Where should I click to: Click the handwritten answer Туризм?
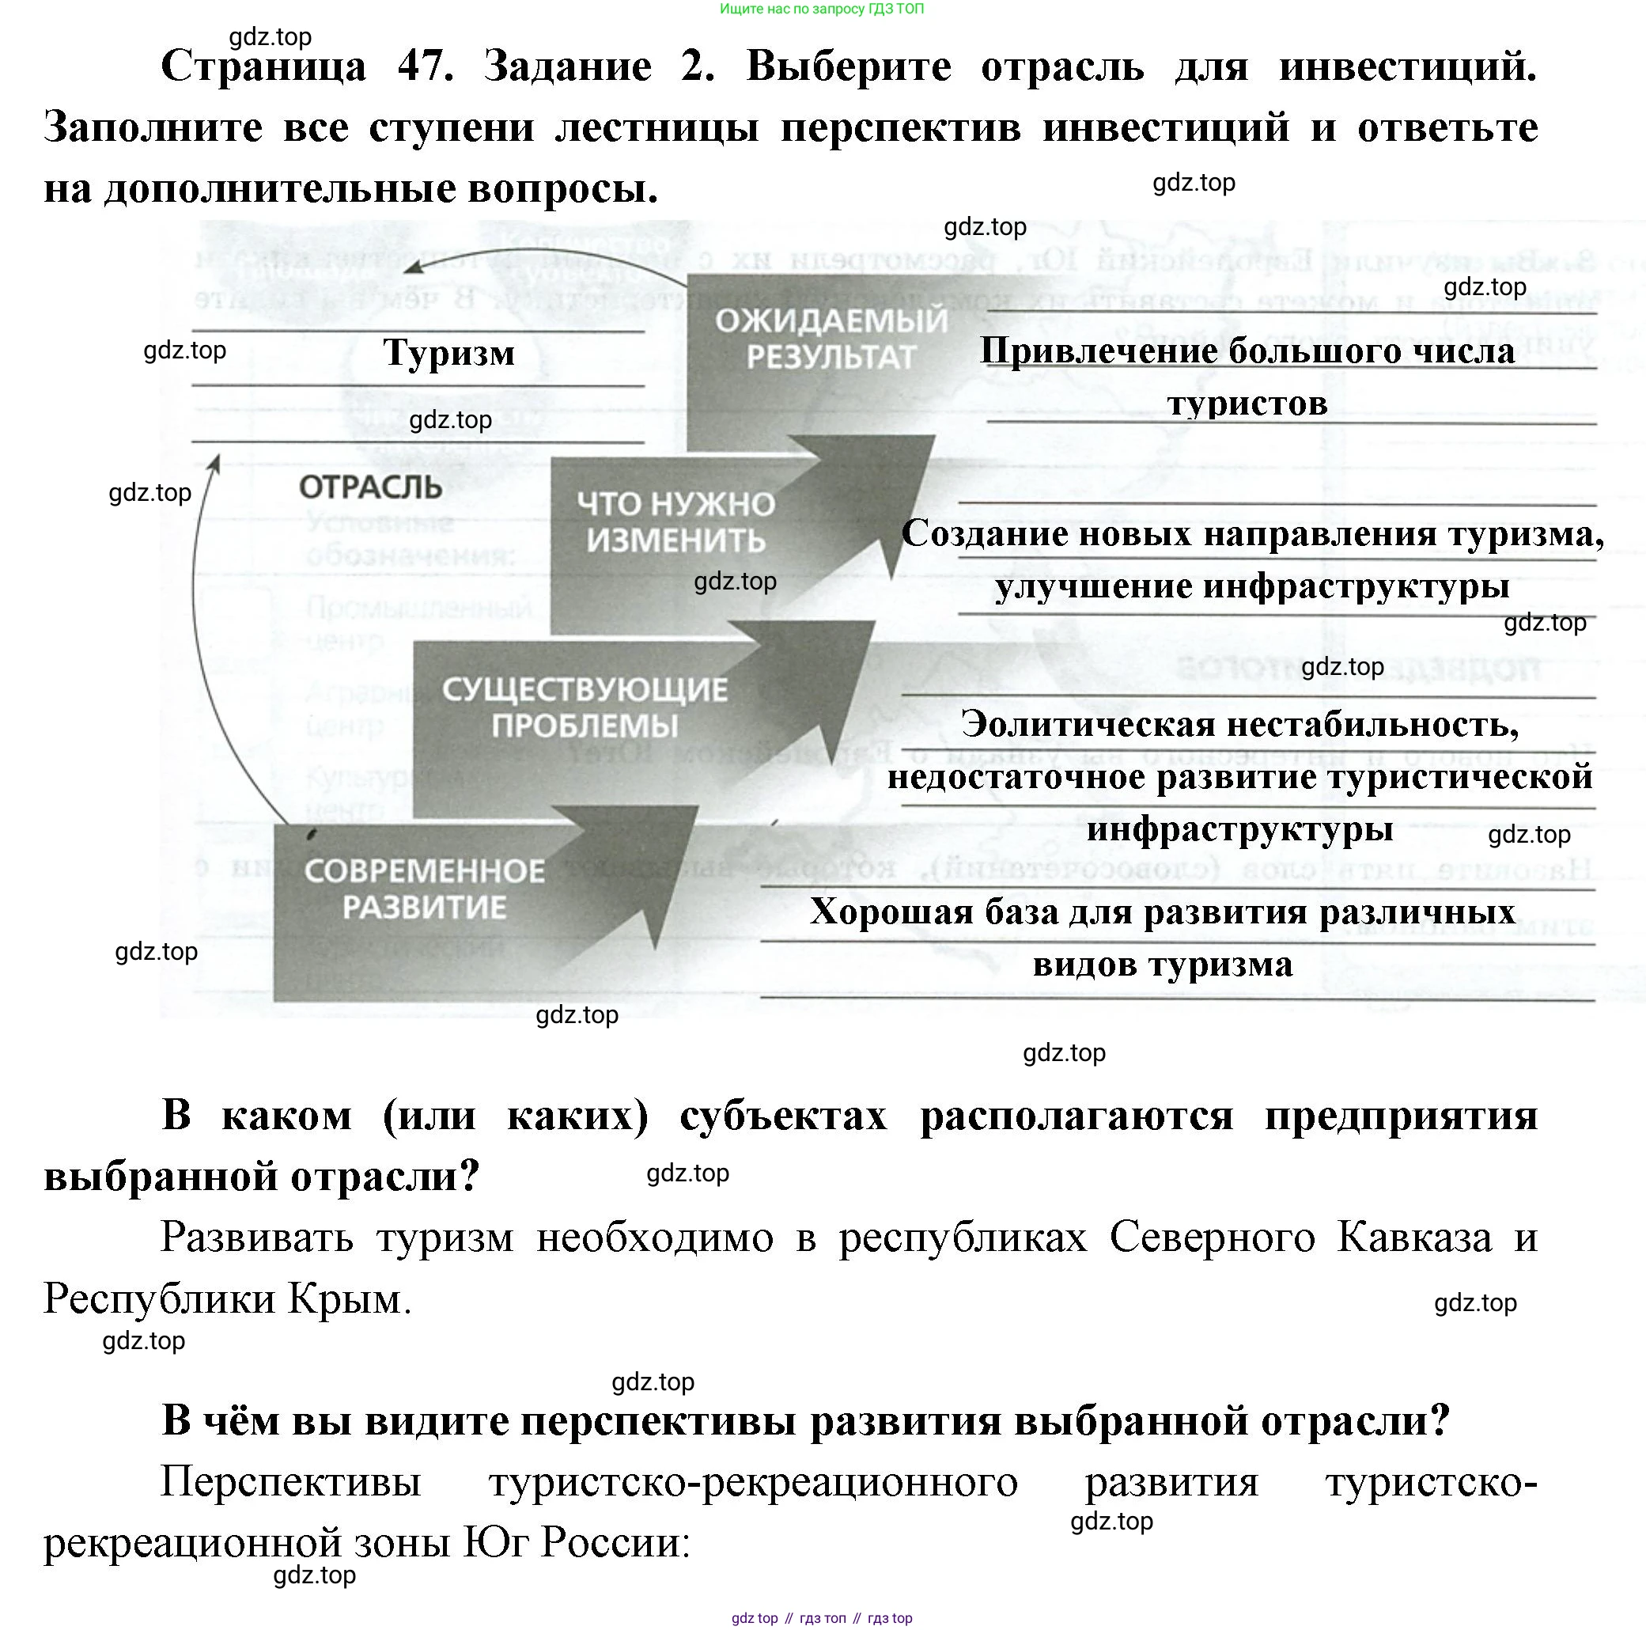coord(449,353)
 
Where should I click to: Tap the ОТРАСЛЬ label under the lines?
coord(371,487)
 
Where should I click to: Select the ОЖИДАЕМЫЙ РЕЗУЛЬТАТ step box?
coord(831,339)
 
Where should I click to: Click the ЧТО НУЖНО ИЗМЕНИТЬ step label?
coord(675,522)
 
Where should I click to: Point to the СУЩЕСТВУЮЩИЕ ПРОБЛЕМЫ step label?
coord(585,707)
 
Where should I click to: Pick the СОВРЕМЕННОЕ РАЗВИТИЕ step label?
coord(424,889)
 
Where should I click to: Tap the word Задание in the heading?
coord(567,66)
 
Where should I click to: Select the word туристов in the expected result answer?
coord(1247,403)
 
